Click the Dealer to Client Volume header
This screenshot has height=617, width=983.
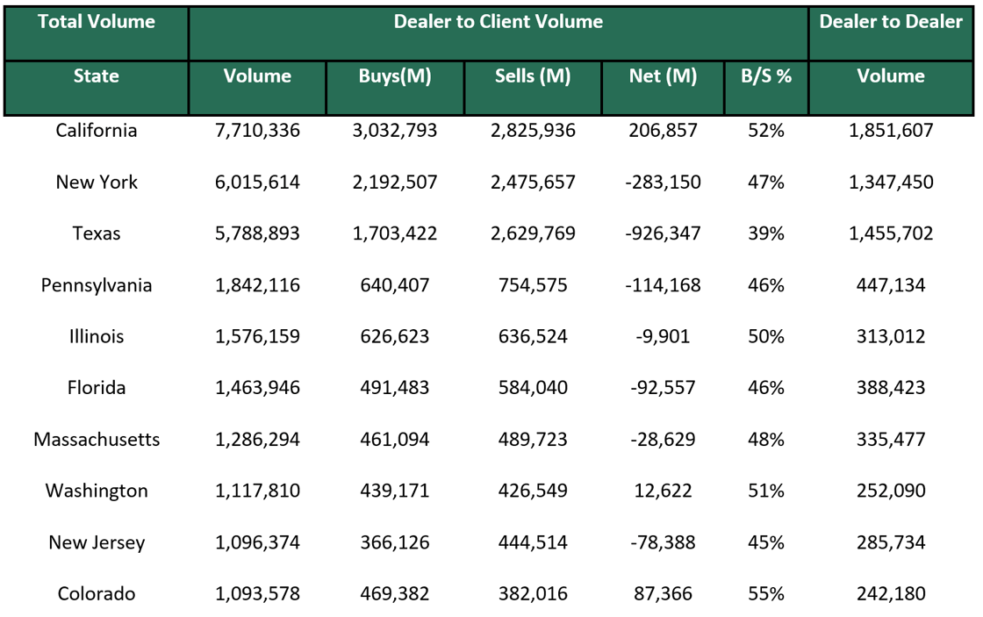point(498,22)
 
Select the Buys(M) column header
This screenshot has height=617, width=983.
point(395,76)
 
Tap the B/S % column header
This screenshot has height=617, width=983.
point(765,76)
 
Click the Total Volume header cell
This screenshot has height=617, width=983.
point(97,22)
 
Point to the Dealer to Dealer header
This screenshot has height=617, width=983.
point(891,22)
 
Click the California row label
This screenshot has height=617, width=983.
point(97,131)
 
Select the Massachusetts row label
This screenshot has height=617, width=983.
point(97,440)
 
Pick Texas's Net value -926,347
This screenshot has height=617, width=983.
point(663,234)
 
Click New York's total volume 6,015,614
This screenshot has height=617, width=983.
point(257,183)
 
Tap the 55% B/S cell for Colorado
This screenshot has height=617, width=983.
point(765,594)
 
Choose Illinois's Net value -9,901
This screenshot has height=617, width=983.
point(663,337)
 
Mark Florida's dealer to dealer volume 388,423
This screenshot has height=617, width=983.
point(891,388)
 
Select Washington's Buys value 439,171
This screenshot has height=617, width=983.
point(395,491)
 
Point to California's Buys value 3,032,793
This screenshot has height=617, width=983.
point(395,131)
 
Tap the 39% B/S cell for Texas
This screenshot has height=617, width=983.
point(765,234)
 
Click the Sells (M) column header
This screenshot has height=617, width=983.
point(532,76)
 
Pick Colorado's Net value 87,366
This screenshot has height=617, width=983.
point(663,594)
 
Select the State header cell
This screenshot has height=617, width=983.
point(97,76)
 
